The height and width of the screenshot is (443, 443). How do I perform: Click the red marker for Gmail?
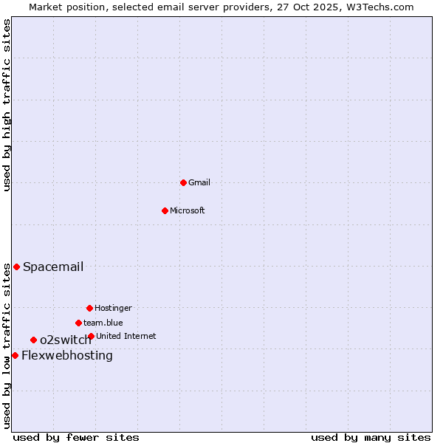183,182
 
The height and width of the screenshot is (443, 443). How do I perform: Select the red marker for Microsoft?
165,210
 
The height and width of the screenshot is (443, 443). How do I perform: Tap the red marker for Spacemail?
16,267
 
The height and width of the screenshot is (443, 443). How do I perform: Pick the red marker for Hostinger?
89,308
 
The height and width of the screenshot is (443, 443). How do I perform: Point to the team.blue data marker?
78,323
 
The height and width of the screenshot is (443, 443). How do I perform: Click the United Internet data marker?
91,336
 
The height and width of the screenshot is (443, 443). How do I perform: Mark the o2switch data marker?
33,340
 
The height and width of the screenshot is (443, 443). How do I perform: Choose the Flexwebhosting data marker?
15,355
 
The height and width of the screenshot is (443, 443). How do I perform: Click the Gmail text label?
199,182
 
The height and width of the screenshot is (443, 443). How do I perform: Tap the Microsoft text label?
188,210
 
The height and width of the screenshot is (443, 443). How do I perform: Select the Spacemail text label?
53,267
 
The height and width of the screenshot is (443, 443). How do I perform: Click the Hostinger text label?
113,308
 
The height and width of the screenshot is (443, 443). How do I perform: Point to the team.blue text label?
103,323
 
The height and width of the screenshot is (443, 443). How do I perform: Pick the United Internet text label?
126,336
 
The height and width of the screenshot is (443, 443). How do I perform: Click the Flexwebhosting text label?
67,355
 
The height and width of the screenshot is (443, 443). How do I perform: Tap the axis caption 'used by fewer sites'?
76,437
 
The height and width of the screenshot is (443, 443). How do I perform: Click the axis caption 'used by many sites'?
371,437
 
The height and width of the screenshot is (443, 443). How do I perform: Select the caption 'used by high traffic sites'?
7,105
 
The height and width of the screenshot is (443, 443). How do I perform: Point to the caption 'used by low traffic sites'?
7,346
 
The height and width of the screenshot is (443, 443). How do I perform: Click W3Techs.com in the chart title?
377,7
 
